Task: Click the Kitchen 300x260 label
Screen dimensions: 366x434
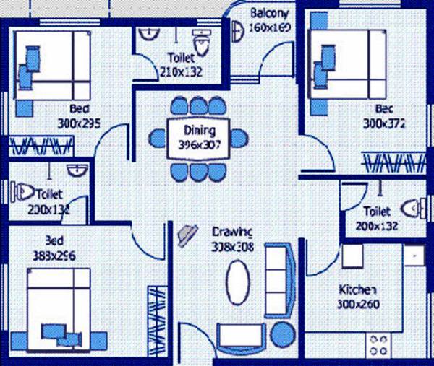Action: click(357, 297)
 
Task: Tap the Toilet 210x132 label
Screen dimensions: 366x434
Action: click(180, 64)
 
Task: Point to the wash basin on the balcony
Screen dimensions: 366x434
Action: click(239, 30)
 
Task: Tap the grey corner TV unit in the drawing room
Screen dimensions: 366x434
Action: click(187, 233)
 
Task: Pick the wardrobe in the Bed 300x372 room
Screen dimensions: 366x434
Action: click(395, 162)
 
